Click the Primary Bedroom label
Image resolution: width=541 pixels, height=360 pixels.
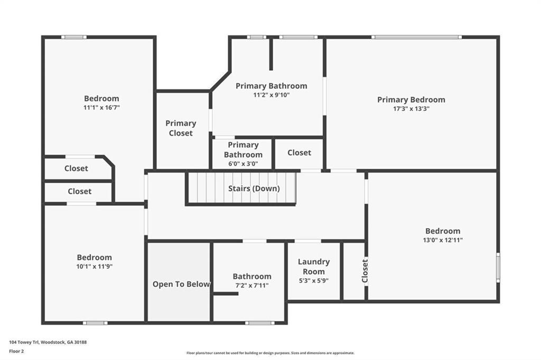[411, 99]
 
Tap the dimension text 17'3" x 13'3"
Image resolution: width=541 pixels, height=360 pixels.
[411, 109]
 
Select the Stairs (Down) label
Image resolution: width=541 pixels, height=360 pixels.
[254, 188]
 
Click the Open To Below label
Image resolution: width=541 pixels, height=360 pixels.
[181, 284]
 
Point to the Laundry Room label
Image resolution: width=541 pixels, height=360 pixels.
[313, 267]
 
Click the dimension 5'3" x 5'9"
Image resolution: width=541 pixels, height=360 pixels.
[313, 281]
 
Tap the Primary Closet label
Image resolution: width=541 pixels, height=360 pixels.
[181, 128]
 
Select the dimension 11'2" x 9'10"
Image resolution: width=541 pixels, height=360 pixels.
[271, 95]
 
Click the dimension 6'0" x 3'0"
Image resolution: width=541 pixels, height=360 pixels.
[243, 164]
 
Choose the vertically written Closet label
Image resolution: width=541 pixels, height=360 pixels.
[365, 271]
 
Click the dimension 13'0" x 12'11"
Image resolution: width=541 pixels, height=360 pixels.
[443, 240]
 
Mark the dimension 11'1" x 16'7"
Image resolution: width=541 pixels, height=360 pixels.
[101, 107]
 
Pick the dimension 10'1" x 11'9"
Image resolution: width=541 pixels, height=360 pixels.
[95, 266]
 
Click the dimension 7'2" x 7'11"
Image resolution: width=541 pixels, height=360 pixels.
[252, 285]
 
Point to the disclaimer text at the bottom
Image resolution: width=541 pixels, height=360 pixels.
[270, 353]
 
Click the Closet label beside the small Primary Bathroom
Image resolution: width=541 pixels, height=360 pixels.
[299, 153]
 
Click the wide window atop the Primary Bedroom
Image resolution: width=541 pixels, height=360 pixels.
[416, 37]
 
